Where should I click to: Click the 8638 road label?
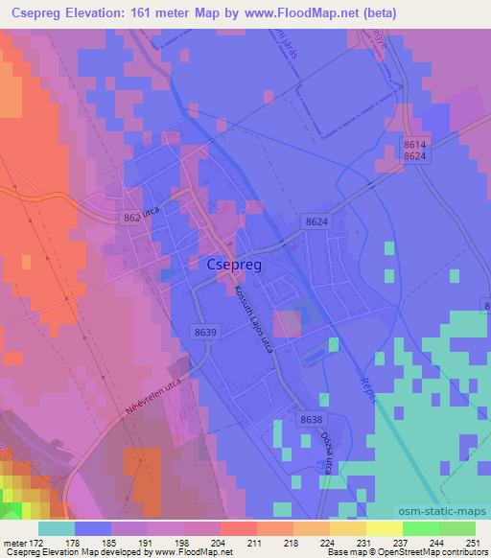(x=312, y=419)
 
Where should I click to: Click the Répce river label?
(x=368, y=387)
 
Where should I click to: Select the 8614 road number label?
(x=414, y=142)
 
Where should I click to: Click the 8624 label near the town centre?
(x=316, y=221)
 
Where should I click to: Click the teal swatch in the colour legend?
(x=57, y=528)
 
